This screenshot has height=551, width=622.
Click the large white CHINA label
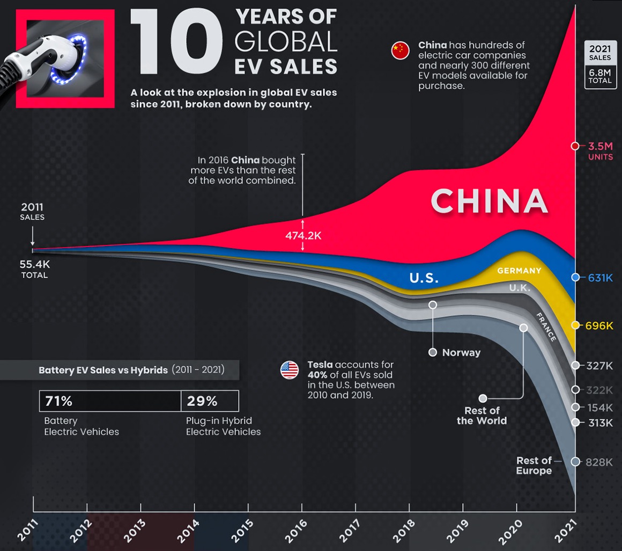click(489, 201)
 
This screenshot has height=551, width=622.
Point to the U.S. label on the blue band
click(424, 278)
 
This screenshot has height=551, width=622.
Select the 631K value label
click(599, 278)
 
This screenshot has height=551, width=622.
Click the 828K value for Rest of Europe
click(599, 462)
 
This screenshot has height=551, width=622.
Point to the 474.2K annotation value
click(303, 235)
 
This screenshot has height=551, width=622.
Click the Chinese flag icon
click(400, 51)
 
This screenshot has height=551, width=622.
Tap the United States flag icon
click(289, 370)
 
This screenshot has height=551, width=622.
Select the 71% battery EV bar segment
click(110, 401)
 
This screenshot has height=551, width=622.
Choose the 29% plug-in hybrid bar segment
click(210, 401)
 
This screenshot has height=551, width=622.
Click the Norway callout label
click(461, 353)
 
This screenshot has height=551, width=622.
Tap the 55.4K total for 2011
click(35, 265)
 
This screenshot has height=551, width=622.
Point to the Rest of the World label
click(482, 416)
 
